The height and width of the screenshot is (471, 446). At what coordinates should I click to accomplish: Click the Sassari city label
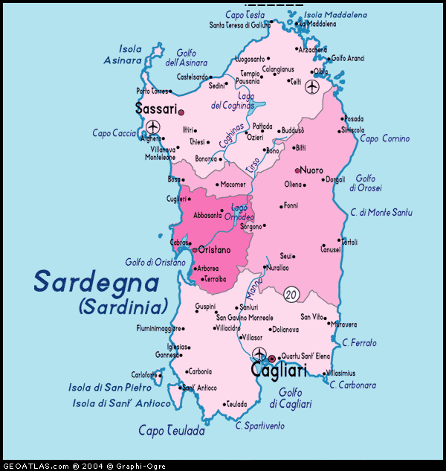[156, 109]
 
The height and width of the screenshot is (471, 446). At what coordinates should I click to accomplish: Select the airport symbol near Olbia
[311, 86]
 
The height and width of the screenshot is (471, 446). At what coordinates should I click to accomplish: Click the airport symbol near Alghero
[152, 126]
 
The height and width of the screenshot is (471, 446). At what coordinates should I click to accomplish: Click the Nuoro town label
[311, 170]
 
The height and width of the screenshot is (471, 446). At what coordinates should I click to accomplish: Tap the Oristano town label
[215, 250]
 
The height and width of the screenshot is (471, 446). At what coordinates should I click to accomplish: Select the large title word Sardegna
[97, 283]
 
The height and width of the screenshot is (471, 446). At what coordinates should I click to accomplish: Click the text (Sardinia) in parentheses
[123, 306]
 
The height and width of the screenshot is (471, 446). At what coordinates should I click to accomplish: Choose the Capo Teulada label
[171, 430]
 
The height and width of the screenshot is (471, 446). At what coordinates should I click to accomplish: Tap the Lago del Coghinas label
[233, 101]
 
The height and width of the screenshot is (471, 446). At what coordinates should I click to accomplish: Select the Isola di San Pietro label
[110, 388]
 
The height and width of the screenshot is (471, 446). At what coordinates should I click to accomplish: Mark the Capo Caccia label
[114, 133]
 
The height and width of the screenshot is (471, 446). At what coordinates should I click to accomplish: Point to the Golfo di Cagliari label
[291, 398]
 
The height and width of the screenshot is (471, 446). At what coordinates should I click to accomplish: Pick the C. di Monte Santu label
[381, 213]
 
